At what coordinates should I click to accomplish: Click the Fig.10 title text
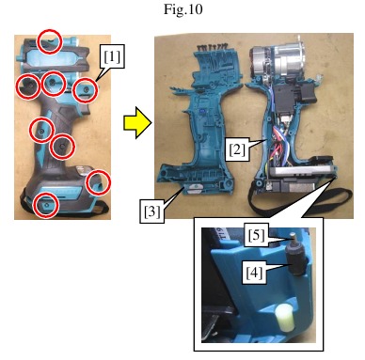[x=183, y=9]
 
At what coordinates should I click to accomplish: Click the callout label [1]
[x=112, y=56]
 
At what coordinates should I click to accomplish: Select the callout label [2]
[x=237, y=149]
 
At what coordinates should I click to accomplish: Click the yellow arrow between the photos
[x=137, y=122]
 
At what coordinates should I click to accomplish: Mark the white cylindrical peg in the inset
[x=284, y=316]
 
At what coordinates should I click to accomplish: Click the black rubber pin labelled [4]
[x=296, y=262]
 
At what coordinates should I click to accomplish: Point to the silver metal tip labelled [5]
[x=293, y=239]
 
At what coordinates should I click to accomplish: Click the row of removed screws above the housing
[x=212, y=47]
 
